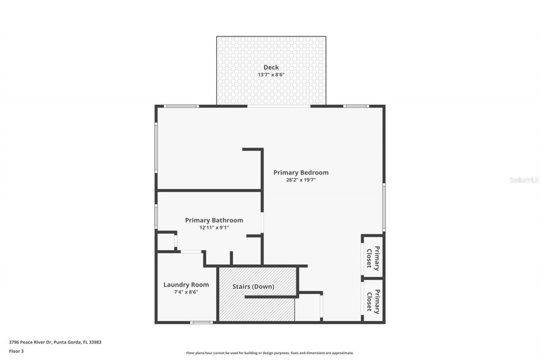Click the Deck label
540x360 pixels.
point(271,67)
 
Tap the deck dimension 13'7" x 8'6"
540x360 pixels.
point(271,75)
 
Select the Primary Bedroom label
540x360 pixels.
point(301,172)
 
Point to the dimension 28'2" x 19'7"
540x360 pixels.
point(301,180)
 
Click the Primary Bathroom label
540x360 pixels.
point(214,220)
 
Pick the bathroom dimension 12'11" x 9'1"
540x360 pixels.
point(214,227)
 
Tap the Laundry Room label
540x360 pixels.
point(186,284)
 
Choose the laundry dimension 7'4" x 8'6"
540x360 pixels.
point(186,292)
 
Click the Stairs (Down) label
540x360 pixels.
point(253,287)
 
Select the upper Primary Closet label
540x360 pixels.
point(373,257)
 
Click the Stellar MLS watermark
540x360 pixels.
point(524,180)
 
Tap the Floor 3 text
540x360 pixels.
point(16,351)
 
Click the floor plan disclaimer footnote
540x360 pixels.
point(270,353)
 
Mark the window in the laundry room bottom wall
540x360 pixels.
point(201,322)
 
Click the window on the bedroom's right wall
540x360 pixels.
point(383,207)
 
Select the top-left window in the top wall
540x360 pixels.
point(181,106)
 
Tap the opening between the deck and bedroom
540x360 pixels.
point(278,106)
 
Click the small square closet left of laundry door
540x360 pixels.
point(165,242)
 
